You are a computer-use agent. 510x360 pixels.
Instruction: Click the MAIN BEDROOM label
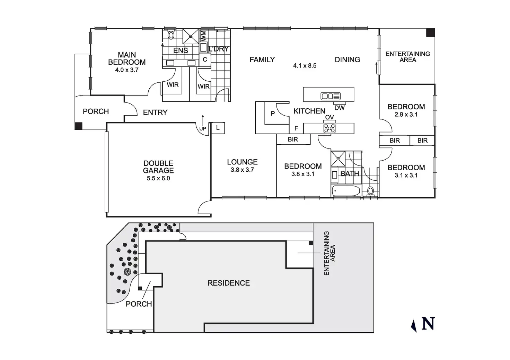tap(127, 58)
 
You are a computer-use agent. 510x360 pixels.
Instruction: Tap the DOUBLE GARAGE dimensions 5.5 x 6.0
tap(158, 179)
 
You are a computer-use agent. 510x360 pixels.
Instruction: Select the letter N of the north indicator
tap(428, 324)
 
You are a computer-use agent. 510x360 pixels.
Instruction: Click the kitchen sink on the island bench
tap(331, 96)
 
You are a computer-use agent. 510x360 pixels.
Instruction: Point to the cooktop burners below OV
tap(329, 128)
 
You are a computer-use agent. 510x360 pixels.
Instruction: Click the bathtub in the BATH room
tap(346, 191)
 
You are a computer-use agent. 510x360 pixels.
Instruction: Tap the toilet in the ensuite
tap(171, 35)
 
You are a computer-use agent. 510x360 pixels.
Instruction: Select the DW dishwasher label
tap(340, 108)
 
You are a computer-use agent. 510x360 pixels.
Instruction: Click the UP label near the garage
tap(203, 129)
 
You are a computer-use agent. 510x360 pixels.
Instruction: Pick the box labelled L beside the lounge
tap(218, 128)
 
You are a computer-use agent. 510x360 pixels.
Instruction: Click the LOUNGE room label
tap(242, 162)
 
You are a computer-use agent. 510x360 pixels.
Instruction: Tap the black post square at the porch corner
tap(79, 126)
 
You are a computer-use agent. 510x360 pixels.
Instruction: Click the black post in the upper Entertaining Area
tap(430, 33)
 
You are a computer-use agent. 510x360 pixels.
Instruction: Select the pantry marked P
tap(273, 113)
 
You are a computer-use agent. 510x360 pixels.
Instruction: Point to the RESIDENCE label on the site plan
tap(229, 283)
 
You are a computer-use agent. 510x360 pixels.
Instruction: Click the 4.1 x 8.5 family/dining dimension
tap(305, 66)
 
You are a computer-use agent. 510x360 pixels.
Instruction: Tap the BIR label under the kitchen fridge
tap(293, 139)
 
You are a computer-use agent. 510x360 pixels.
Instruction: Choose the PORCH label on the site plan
tap(139, 304)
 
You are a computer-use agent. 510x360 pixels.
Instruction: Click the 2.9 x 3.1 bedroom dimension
tap(406, 115)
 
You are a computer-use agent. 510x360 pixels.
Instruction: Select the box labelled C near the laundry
tap(205, 60)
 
